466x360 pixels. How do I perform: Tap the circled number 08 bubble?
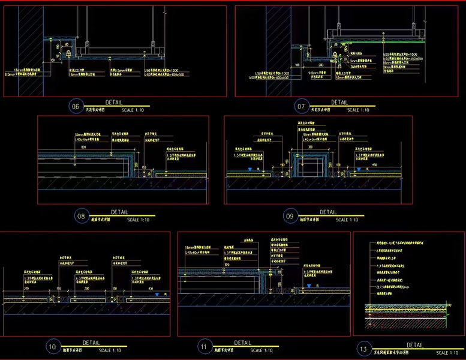point(81,217)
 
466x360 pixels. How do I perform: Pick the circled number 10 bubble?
point(51,346)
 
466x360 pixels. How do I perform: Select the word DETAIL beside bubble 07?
point(339,103)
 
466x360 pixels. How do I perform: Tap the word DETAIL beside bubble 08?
point(119,212)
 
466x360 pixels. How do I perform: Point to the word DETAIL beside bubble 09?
point(328,212)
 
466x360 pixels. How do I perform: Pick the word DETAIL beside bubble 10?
point(91,343)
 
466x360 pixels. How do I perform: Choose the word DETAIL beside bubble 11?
point(242,343)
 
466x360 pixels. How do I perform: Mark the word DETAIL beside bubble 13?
point(415,345)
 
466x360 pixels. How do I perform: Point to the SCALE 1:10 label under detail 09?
point(347,220)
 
